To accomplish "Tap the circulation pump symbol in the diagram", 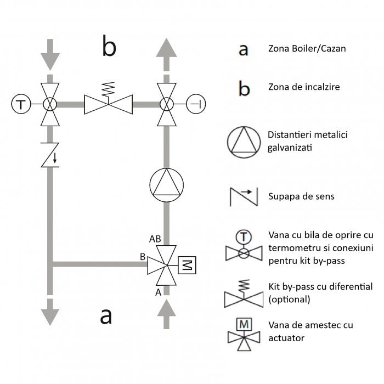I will point(166,183).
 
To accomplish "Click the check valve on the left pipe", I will point(50,156).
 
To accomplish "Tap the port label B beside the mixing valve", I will point(143,256).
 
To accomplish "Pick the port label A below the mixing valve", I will point(159,292).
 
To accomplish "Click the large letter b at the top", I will point(109,47).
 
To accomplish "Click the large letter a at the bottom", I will point(106,316).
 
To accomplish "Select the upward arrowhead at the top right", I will point(166,48).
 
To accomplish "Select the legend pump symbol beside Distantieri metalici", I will point(242,141).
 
